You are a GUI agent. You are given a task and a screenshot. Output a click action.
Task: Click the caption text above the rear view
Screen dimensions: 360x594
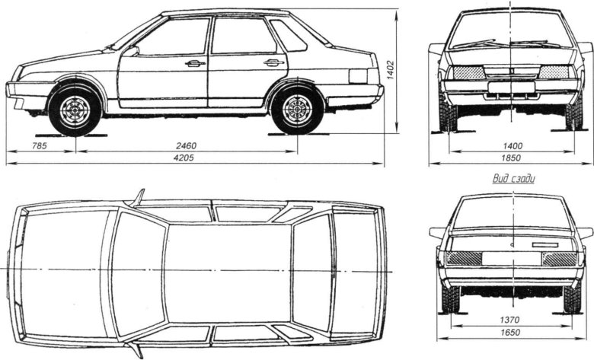click(x=515, y=179)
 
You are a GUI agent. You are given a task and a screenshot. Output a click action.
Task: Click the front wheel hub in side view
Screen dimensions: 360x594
click(x=75, y=111)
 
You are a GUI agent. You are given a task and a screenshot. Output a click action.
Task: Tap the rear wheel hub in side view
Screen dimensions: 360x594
click(x=297, y=111)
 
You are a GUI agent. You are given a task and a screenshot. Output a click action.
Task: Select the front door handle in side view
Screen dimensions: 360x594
click(x=196, y=63)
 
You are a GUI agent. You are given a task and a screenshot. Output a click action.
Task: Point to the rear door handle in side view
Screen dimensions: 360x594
click(x=273, y=62)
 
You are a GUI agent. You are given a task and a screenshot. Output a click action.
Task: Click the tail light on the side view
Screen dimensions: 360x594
click(x=358, y=76)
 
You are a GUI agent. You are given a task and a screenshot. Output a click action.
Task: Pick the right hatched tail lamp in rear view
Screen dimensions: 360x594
click(x=560, y=258)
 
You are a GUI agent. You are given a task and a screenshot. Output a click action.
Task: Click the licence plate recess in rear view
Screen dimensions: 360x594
click(x=510, y=259)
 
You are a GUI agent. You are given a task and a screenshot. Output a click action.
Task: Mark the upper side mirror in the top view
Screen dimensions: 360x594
click(x=137, y=197)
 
